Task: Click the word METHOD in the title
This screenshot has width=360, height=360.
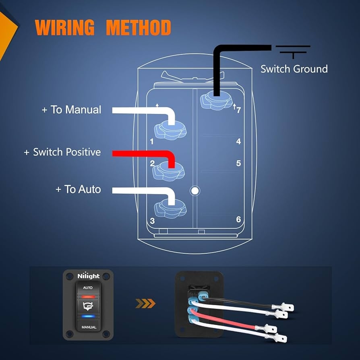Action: coord(138,28)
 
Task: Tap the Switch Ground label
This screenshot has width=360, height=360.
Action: coord(294,69)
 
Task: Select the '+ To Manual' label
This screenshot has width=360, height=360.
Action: coord(72,110)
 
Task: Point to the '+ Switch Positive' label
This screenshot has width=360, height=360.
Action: coord(62,152)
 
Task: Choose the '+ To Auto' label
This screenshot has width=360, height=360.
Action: coord(78,189)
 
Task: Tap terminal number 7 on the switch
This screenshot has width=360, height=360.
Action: coord(238,110)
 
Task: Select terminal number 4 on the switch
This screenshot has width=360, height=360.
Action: coord(238,141)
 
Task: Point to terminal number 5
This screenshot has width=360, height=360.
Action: coord(238,163)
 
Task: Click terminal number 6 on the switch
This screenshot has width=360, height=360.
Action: coord(238,219)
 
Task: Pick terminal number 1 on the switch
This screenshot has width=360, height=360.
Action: coord(152,142)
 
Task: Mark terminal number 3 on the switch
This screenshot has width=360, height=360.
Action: coord(152,221)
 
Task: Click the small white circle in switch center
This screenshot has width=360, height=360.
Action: coord(195,190)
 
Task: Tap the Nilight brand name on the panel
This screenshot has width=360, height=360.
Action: coord(89,276)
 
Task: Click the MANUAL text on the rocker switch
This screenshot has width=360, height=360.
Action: coord(89,327)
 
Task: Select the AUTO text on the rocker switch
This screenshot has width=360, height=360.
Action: coord(89,288)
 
